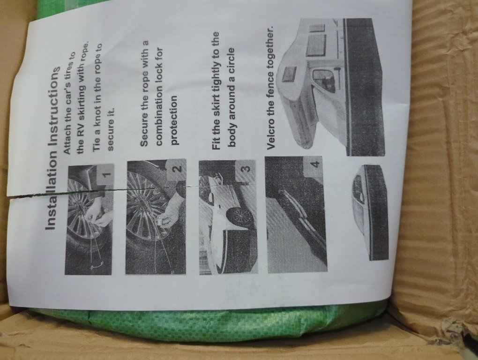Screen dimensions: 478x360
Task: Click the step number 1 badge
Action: tap(105, 175)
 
